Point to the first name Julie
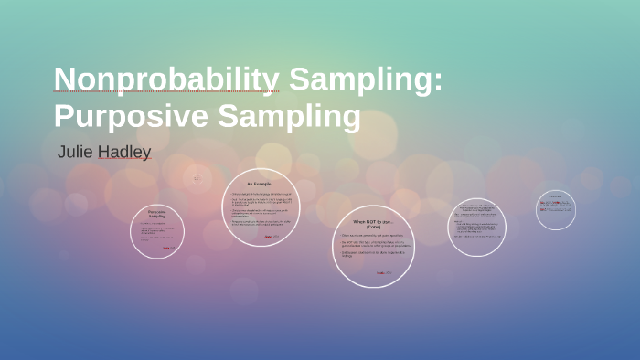[x=75, y=152]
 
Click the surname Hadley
[x=124, y=152]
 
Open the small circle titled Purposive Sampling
[x=157, y=231]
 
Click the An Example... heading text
[x=261, y=185]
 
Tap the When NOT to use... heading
[x=372, y=222]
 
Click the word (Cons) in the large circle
[x=372, y=228]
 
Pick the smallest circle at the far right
[x=555, y=209]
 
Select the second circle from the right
[x=476, y=227]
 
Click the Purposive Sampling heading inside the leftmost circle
[x=157, y=214]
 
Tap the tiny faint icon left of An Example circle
[x=197, y=178]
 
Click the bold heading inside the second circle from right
[x=476, y=207]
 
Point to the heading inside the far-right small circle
[x=555, y=196]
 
